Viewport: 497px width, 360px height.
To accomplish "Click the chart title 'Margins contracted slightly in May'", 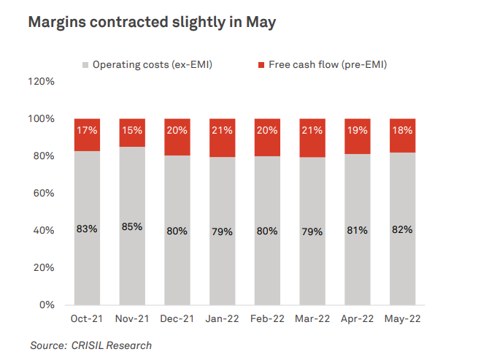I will [152, 23].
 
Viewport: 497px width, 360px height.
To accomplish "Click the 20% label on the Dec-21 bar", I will [177, 131].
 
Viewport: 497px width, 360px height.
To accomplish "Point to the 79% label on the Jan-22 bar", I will [222, 231].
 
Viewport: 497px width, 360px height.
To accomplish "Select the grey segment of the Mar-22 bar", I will [312, 263].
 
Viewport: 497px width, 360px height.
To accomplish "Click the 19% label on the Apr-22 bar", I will [357, 131].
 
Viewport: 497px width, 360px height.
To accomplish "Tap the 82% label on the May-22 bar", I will [402, 229].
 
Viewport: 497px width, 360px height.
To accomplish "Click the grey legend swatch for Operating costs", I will [85, 65].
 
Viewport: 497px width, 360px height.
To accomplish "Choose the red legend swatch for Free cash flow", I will [261, 65].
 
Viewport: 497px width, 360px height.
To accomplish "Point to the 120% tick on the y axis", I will [41, 81].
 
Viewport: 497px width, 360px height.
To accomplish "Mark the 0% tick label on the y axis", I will [47, 305].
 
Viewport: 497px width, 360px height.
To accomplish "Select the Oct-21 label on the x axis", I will [87, 319].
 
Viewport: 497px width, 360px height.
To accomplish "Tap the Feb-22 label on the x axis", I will [267, 319].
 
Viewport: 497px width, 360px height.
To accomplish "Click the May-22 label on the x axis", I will [402, 319].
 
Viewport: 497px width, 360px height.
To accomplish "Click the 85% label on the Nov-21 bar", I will [132, 226].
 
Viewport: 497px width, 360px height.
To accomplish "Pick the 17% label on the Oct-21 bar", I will [87, 131].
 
